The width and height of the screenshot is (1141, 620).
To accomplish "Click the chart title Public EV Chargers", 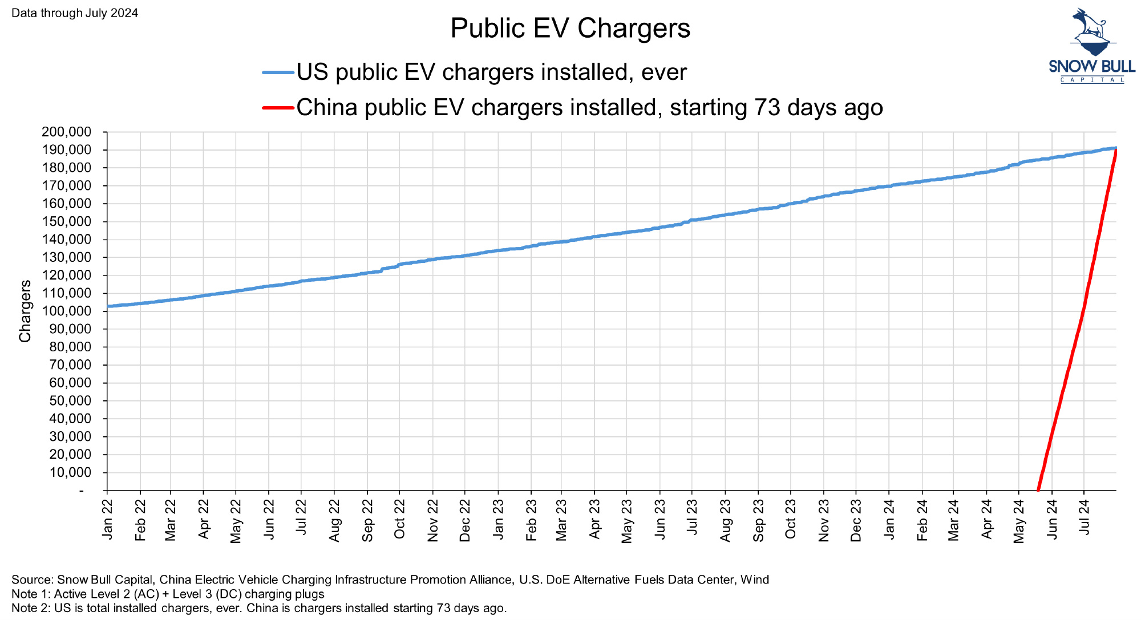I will [570, 29].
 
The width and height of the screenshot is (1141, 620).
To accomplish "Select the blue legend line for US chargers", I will [278, 72].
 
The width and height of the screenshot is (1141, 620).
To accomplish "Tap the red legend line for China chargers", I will [278, 107].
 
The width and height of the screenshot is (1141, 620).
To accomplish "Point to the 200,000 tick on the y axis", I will [66, 132].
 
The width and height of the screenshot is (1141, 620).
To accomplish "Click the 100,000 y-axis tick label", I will [66, 311].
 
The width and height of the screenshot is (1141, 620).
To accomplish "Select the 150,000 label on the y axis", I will [66, 222].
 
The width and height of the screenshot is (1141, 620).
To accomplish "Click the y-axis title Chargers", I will [25, 311].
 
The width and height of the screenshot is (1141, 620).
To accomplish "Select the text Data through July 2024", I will [75, 13].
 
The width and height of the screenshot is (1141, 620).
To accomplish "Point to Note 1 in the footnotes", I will [30, 594].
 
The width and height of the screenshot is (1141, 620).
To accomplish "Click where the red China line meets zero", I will [1038, 489].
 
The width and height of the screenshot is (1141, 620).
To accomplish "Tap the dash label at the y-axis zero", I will [82, 491].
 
